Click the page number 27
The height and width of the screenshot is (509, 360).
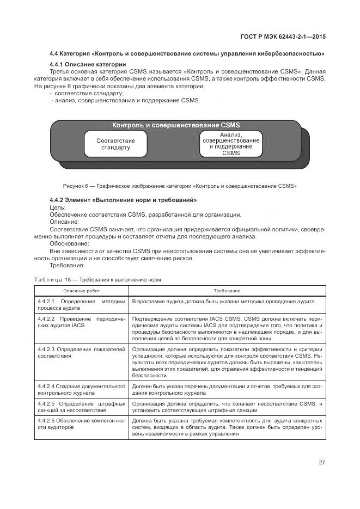click(322, 463)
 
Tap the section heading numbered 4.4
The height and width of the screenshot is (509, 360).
click(187, 53)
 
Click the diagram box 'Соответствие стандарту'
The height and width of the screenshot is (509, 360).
click(115, 144)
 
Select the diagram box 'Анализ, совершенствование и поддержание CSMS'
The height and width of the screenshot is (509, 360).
click(231, 144)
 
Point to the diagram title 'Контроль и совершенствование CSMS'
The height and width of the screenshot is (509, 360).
click(176, 125)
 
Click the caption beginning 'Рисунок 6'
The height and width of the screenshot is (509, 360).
click(180, 186)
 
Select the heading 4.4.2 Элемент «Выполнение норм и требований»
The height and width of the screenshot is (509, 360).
click(123, 200)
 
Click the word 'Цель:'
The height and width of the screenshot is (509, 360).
click(57, 207)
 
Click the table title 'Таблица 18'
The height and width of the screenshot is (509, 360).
click(97, 279)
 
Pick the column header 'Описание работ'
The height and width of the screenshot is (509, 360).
click(82, 291)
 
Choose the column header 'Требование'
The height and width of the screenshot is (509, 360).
click(227, 291)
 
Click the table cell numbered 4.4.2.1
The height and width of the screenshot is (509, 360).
click(82, 304)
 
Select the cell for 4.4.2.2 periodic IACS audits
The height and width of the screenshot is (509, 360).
click(82, 321)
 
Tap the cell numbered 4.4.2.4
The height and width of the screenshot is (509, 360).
click(82, 389)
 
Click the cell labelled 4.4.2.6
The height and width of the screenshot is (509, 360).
click(82, 424)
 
